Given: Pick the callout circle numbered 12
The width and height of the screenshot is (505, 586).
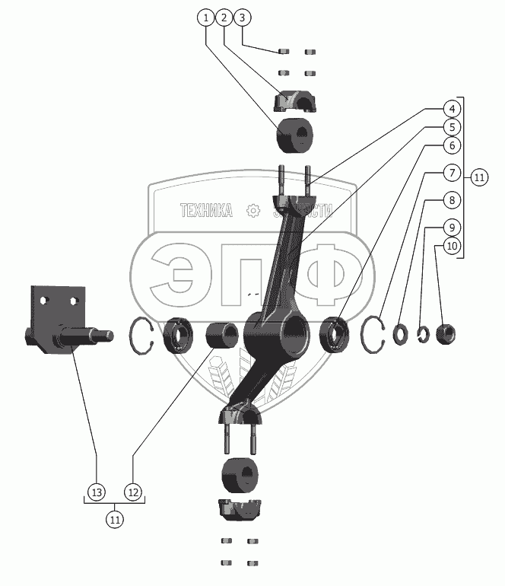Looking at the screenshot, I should coord(133,492).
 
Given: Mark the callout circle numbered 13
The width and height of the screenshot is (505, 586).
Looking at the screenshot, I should coord(97,492).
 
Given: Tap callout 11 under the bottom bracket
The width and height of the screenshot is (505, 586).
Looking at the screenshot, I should coord(115,521).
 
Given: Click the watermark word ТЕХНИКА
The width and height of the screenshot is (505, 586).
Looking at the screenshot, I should coord(205,211).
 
